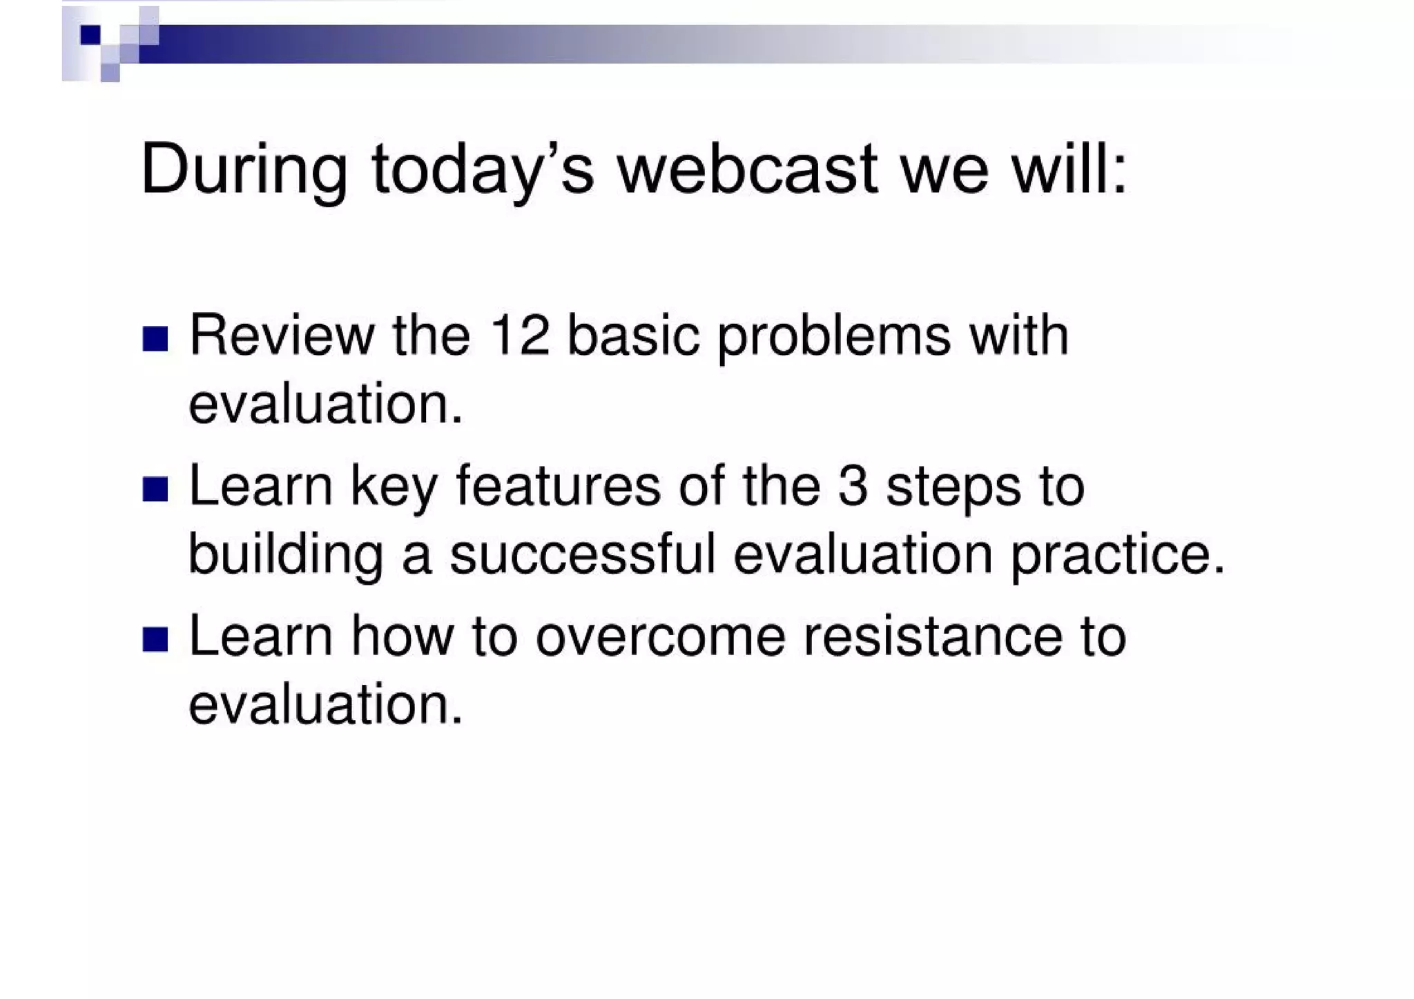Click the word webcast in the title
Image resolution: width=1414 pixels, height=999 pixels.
click(x=747, y=169)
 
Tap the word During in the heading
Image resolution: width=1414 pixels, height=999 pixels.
click(x=244, y=169)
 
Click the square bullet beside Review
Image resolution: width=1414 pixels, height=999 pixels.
click(x=155, y=339)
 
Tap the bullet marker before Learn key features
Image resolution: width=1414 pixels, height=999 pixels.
click(x=155, y=489)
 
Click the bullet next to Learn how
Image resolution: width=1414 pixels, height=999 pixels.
click(x=155, y=639)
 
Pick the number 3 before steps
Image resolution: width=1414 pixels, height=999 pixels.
click(x=853, y=487)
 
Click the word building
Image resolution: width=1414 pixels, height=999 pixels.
click(x=285, y=556)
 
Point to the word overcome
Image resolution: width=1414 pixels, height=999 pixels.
click(x=660, y=637)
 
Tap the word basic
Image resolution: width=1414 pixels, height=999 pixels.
click(x=633, y=336)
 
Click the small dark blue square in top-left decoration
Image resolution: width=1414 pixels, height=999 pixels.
click(x=90, y=35)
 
